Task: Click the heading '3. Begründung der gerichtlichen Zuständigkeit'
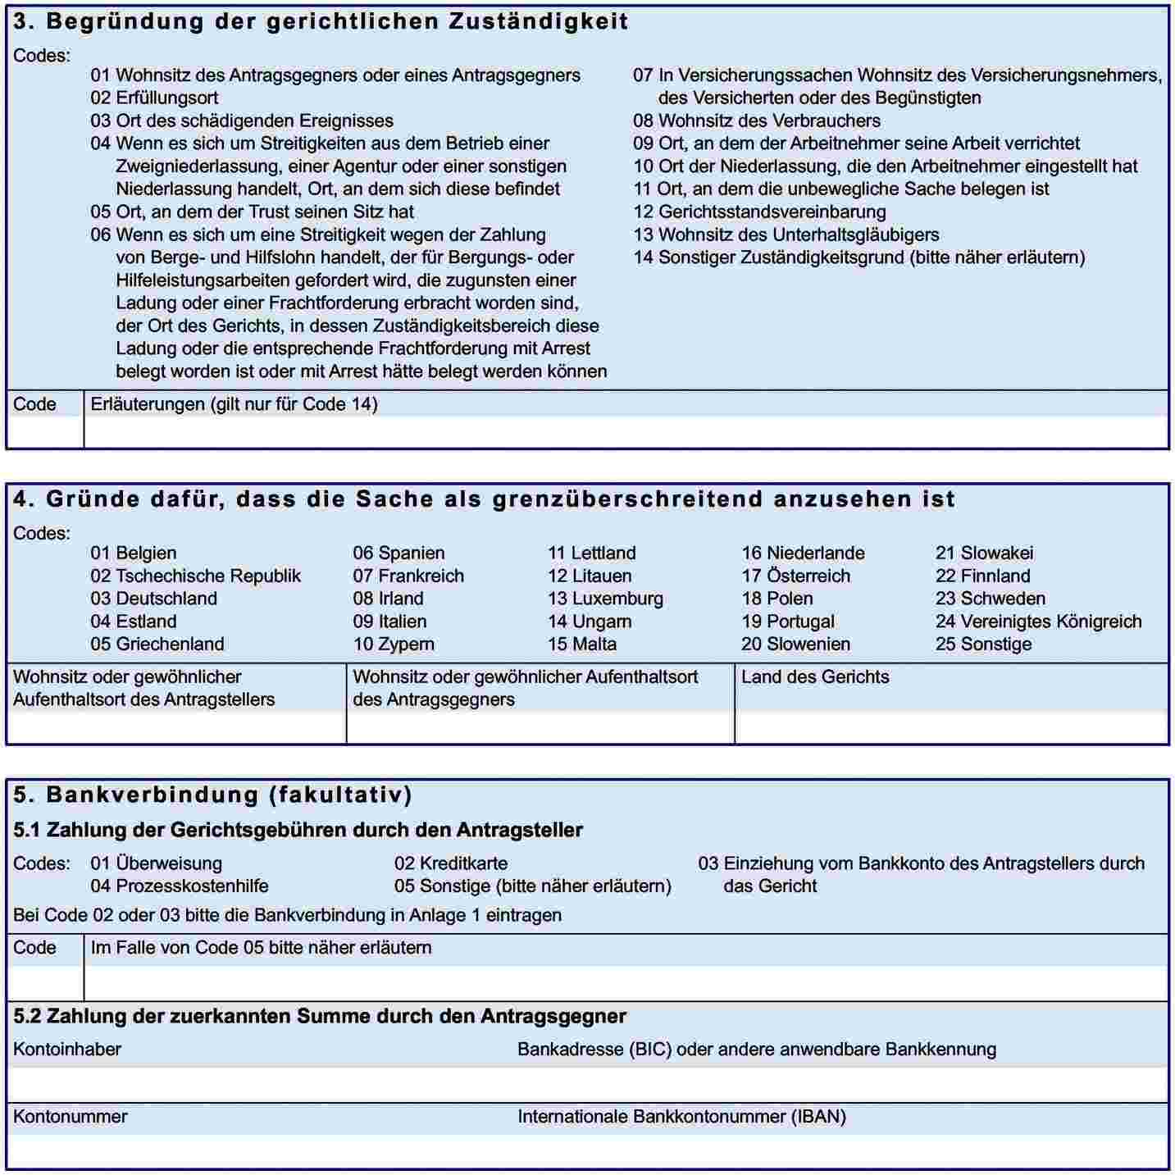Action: coord(321,21)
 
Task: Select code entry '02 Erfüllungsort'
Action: coord(154,98)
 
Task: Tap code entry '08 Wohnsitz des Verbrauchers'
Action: coord(756,121)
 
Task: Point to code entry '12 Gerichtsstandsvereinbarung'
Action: coord(758,212)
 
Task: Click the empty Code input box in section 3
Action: coord(45,431)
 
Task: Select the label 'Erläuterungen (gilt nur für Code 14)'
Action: coord(234,404)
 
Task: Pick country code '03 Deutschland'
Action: coord(153,599)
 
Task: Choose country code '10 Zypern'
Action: coord(394,644)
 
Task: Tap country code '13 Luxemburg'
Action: coord(605,599)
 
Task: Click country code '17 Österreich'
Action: coord(795,576)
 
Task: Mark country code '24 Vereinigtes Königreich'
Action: coord(1038,622)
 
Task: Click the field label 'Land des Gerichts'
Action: coord(815,677)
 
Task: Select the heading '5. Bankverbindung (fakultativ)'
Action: coord(212,795)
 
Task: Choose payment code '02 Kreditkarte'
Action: coord(450,863)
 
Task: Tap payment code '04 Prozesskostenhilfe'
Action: coord(179,886)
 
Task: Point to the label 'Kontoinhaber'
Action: coord(67,1050)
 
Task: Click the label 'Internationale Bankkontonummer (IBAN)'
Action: coord(681,1117)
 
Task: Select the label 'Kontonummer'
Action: coord(71,1117)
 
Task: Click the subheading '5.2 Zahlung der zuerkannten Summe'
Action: coord(320,1017)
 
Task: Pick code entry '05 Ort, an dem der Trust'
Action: coord(252,212)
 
